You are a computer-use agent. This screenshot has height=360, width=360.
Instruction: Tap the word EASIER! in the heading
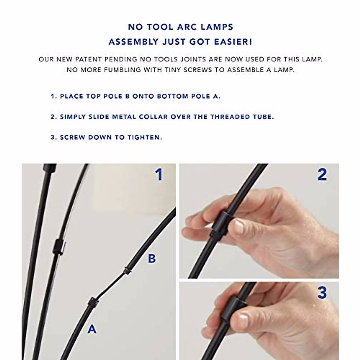click(x=233, y=42)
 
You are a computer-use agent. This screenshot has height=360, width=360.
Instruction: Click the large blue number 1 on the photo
click(x=159, y=175)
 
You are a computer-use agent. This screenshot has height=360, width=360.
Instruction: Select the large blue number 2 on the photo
click(x=322, y=175)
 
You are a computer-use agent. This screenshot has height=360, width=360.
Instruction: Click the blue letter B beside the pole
click(x=152, y=259)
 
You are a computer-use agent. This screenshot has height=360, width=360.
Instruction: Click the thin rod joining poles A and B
click(x=112, y=286)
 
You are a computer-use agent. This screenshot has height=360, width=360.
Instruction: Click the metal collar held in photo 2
click(x=220, y=223)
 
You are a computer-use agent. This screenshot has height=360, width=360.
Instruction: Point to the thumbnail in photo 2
click(x=239, y=227)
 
